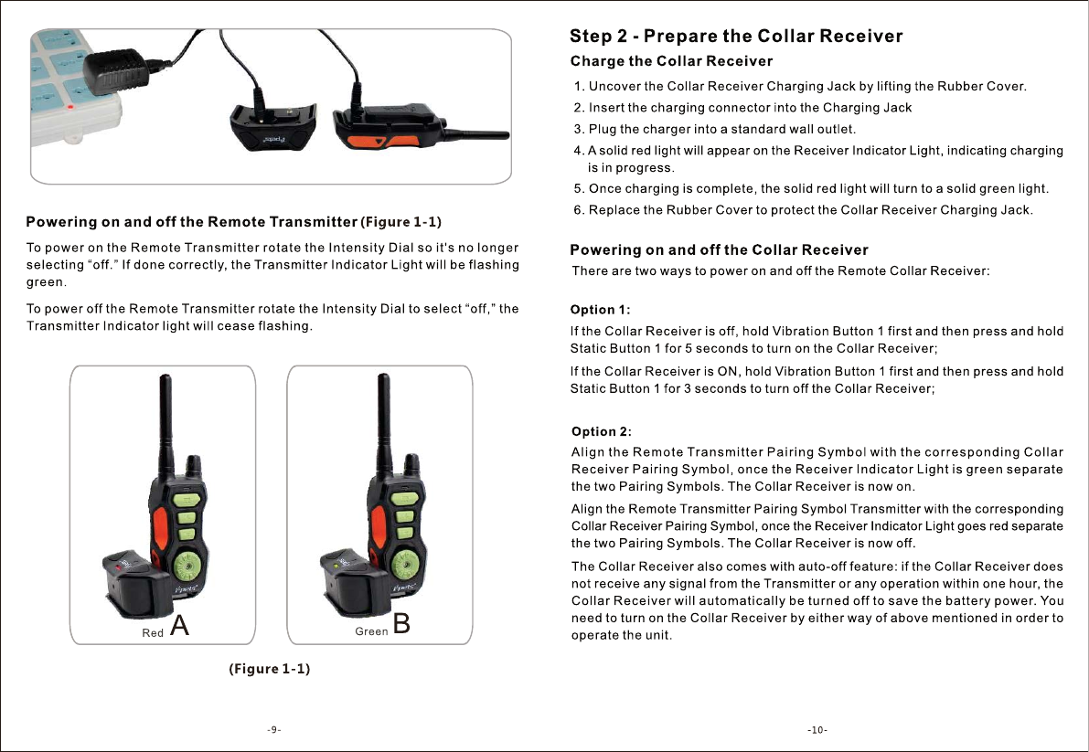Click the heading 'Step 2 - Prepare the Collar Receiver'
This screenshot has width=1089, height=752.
[x=736, y=37]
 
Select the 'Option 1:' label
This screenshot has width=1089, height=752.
[x=601, y=309]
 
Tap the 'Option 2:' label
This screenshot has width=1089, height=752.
[x=602, y=431]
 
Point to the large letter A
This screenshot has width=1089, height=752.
[x=181, y=626]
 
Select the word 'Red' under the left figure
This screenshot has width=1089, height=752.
[x=153, y=632]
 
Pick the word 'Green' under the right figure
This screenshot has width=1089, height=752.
[x=371, y=631]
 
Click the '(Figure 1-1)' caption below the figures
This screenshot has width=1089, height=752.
[x=270, y=669]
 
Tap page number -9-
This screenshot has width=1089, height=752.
[x=273, y=730]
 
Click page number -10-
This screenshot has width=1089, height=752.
[x=817, y=730]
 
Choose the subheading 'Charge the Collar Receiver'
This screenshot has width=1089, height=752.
[x=671, y=61]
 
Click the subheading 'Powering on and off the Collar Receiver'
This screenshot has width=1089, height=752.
[x=719, y=249]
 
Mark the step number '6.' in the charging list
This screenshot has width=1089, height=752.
[x=579, y=210]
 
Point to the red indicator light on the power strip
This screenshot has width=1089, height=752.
[x=59, y=108]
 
